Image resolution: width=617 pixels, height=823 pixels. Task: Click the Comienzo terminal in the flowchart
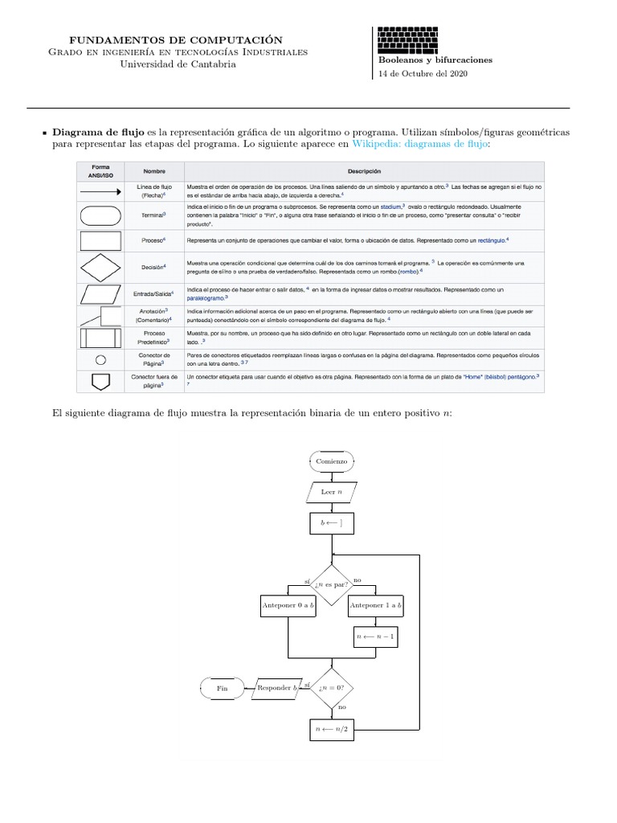click(331, 461)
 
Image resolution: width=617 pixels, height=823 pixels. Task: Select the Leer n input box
click(331, 493)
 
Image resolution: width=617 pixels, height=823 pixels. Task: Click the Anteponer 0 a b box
click(288, 605)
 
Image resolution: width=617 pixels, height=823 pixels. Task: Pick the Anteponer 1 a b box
click(376, 605)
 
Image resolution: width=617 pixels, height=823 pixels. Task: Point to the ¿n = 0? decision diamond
click(331, 688)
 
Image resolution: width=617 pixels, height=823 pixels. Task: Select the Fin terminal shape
click(223, 688)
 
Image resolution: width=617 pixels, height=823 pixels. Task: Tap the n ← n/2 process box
click(331, 730)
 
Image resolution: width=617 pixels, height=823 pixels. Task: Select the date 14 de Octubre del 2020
click(423, 74)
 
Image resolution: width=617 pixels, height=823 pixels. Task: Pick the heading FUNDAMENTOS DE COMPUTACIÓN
click(176, 39)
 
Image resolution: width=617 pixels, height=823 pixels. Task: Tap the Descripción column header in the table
click(364, 171)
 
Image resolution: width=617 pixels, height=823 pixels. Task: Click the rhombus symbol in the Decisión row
click(100, 267)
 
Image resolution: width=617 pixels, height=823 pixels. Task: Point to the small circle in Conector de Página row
click(100, 359)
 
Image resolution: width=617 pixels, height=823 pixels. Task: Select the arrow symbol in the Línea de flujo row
click(100, 190)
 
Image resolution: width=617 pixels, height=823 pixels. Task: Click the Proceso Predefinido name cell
click(154, 337)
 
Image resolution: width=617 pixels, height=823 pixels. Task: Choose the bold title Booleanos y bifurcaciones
click(435, 59)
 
